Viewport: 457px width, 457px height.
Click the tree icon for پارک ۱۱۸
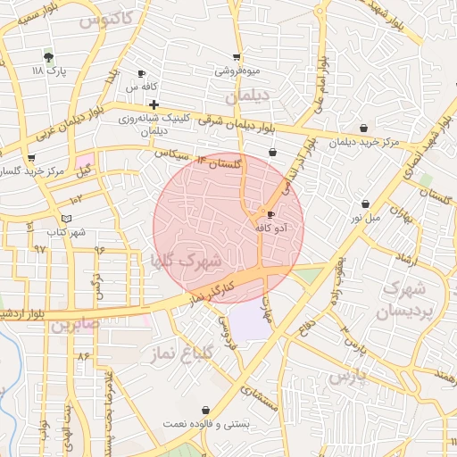pyautogui.click(x=49, y=57)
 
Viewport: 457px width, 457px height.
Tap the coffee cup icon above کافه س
pyautogui.click(x=141, y=74)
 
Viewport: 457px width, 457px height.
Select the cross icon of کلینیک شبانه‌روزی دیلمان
pyautogui.click(x=154, y=104)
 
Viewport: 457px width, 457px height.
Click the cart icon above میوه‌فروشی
pyautogui.click(x=237, y=56)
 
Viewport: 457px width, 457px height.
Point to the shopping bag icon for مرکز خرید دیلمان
pyautogui.click(x=363, y=128)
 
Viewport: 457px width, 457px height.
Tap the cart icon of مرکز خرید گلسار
pyautogui.click(x=31, y=158)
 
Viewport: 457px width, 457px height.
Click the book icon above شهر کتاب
pyautogui.click(x=66, y=219)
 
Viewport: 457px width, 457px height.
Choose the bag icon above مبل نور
pyautogui.click(x=365, y=204)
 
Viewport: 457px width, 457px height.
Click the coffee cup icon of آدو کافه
pyautogui.click(x=270, y=214)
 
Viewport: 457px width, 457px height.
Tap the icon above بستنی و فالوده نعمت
pyautogui.click(x=206, y=410)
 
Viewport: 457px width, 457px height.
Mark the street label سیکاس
pyautogui.click(x=174, y=154)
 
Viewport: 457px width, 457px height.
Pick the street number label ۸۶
pyautogui.click(x=84, y=356)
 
